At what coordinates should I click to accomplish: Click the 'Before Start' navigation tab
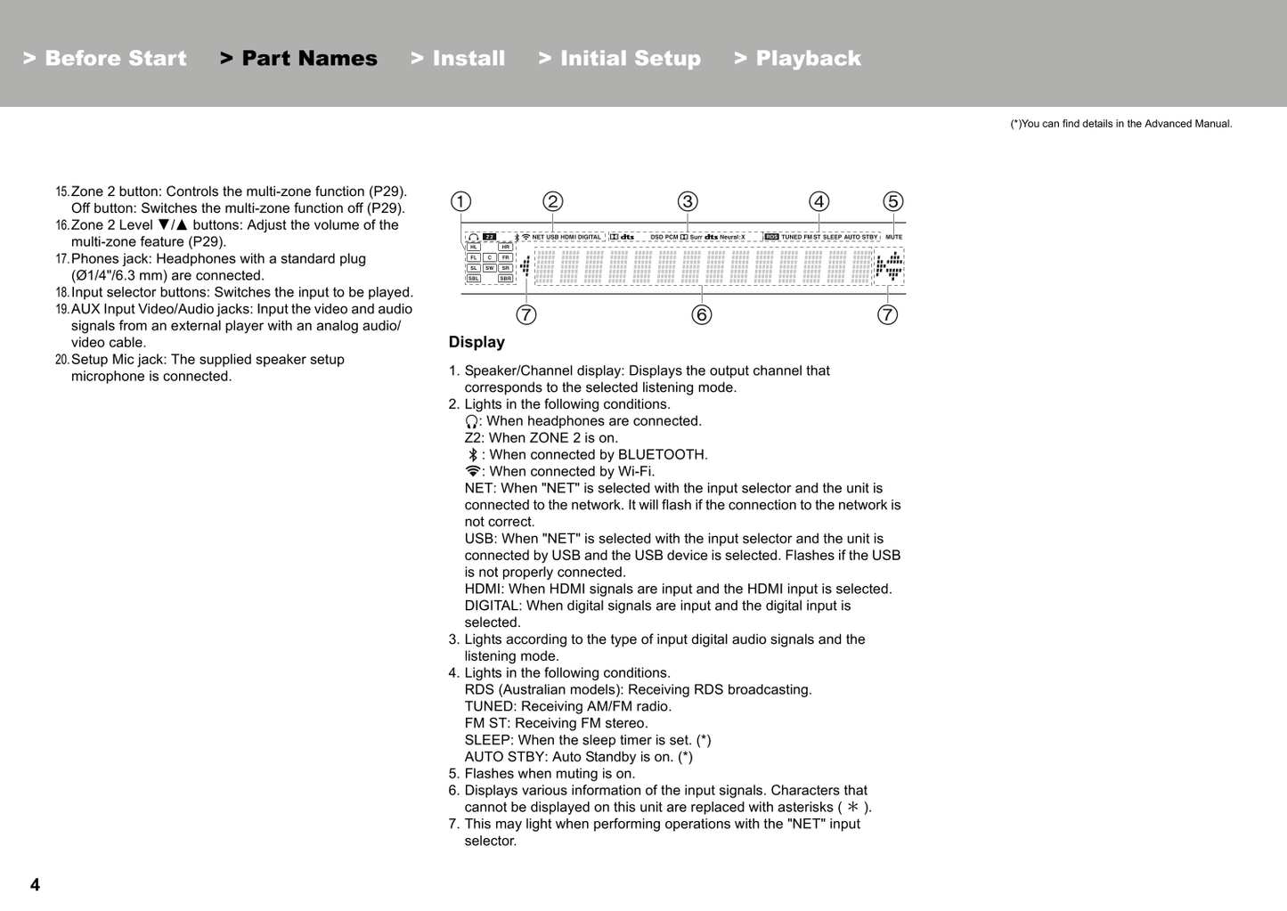tap(105, 59)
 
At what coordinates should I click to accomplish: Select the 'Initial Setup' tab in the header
tap(620, 59)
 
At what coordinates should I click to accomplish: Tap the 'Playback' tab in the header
tap(798, 59)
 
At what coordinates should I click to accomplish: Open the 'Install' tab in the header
tap(458, 59)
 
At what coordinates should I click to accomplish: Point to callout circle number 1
tap(460, 201)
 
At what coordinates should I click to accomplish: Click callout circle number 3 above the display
tap(688, 201)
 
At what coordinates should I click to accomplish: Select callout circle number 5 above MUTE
tap(892, 201)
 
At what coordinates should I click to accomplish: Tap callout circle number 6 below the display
tap(702, 314)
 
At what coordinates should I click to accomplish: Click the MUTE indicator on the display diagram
tap(893, 237)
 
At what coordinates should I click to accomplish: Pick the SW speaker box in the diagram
tap(490, 268)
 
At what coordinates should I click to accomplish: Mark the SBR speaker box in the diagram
tap(505, 279)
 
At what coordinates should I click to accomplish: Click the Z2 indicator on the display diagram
tap(490, 237)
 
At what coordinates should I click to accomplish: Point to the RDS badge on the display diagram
tap(771, 237)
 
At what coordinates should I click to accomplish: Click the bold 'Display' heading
tap(477, 342)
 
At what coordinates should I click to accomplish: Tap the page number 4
tap(35, 884)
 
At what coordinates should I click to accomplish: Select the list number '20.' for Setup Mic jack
tap(62, 360)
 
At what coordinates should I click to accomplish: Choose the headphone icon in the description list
tap(471, 421)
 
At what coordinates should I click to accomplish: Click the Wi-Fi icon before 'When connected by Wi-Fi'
tap(472, 472)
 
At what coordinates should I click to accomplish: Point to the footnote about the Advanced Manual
tap(1120, 124)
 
